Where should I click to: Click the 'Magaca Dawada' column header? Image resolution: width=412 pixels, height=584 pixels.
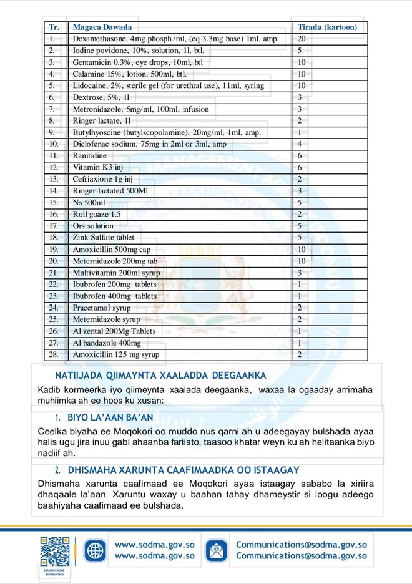(102, 27)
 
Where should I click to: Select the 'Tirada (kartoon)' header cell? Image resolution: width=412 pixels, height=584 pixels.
(327, 27)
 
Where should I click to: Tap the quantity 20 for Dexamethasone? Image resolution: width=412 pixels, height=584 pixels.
(302, 39)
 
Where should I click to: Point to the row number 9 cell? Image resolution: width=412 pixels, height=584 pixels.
(53, 132)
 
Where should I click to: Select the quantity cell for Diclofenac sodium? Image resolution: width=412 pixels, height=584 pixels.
(300, 144)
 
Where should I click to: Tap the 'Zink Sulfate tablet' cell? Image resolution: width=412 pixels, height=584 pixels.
(104, 237)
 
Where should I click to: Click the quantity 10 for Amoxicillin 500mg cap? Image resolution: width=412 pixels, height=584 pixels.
(302, 249)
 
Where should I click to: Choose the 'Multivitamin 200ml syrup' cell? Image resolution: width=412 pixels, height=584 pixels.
(116, 273)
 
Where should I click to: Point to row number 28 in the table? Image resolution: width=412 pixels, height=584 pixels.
(54, 354)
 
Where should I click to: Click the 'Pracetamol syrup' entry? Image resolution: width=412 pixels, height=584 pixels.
(102, 308)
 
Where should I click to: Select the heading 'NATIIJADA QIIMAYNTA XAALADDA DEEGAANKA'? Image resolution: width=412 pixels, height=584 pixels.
(160, 376)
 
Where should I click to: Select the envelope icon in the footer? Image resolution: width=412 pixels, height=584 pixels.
(217, 550)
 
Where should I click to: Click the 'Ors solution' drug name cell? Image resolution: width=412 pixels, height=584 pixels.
(93, 226)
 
